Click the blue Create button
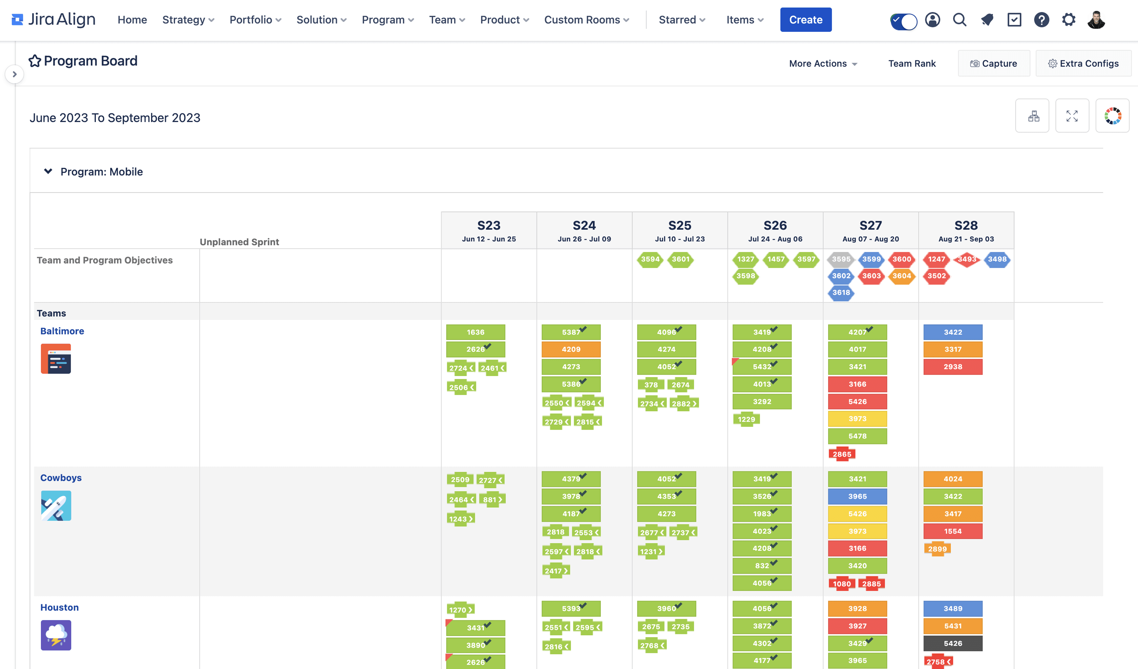[x=806, y=20]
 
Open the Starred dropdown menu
[x=681, y=20]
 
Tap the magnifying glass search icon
[x=960, y=20]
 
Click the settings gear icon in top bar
[x=1069, y=20]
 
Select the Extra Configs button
[x=1083, y=64]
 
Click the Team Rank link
[x=912, y=64]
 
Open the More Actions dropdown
[x=823, y=64]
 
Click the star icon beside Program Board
[x=35, y=61]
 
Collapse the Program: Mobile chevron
[x=48, y=171]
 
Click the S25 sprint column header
[x=680, y=230]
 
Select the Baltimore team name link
[x=62, y=331]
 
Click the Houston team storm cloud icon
[x=56, y=635]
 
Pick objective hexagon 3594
[x=650, y=260]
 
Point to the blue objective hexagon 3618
[x=841, y=293]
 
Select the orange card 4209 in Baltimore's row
[x=571, y=349]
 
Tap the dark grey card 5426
[x=953, y=643]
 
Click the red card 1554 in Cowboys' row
[x=953, y=531]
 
